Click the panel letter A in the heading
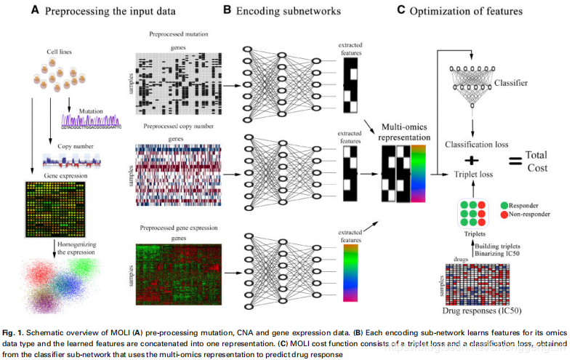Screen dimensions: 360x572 35,10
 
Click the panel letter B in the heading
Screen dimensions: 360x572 227,10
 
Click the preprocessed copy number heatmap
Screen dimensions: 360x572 177,172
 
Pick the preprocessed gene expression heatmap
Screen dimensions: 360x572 177,268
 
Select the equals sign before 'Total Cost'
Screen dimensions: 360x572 512,160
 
